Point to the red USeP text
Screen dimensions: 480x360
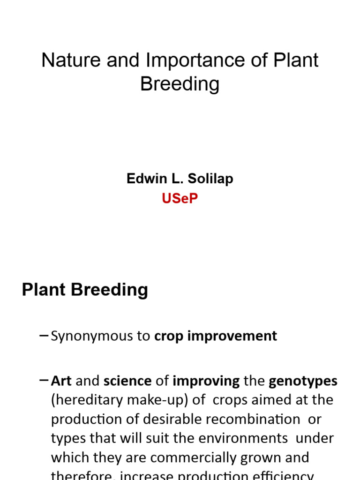tap(180, 198)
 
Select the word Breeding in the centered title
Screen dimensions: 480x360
tap(180, 84)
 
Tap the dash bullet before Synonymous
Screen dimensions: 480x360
tap(44, 335)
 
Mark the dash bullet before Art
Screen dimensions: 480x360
tap(44, 380)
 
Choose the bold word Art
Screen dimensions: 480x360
tap(61, 381)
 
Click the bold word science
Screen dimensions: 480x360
tap(127, 381)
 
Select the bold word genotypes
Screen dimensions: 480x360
tap(303, 381)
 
